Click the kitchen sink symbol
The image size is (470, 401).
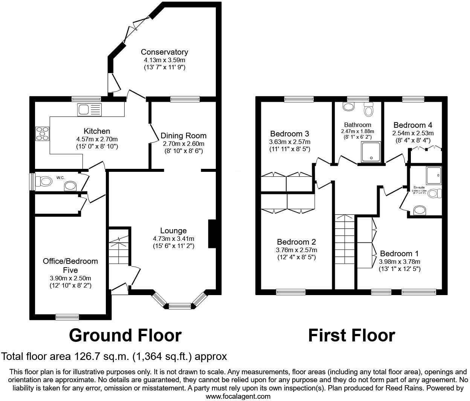[90, 110]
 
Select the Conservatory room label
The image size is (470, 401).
[164, 52]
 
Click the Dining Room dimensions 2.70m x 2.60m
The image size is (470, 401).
[183, 144]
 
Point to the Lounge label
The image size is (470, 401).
[173, 231]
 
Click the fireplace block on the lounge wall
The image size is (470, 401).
[212, 234]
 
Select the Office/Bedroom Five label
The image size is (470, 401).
[70, 265]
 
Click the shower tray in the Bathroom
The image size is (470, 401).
[371, 152]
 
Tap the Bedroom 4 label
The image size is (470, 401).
[413, 125]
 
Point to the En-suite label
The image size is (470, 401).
[419, 187]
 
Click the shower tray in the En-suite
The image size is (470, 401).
[434, 174]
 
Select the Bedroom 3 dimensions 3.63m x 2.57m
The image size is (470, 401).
[290, 142]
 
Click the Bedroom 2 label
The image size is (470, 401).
[296, 242]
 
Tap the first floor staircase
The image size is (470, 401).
[345, 241]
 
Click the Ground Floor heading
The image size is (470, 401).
[125, 335]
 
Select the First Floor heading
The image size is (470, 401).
[351, 335]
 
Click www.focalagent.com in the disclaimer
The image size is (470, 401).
[238, 396]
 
